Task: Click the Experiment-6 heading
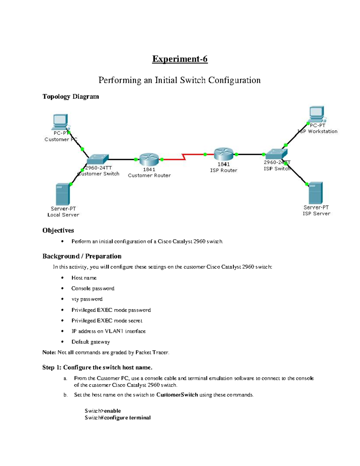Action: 180,59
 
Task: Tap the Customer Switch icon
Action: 97,159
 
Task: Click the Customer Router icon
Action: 149,159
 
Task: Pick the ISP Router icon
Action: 223,154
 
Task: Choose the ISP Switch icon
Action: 276,154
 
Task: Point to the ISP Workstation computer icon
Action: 317,113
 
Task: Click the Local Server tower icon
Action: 63,194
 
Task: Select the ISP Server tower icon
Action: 316,193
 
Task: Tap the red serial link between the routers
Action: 183,156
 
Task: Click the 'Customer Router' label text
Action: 149,176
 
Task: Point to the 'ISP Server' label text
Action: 316,214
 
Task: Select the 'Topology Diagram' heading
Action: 70,97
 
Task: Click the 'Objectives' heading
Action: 58,230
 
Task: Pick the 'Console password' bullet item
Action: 93,288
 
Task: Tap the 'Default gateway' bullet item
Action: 91,342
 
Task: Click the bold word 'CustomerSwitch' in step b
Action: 177,395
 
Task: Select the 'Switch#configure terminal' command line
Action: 118,418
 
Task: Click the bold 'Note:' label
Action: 49,352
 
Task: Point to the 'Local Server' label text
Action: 63,215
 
